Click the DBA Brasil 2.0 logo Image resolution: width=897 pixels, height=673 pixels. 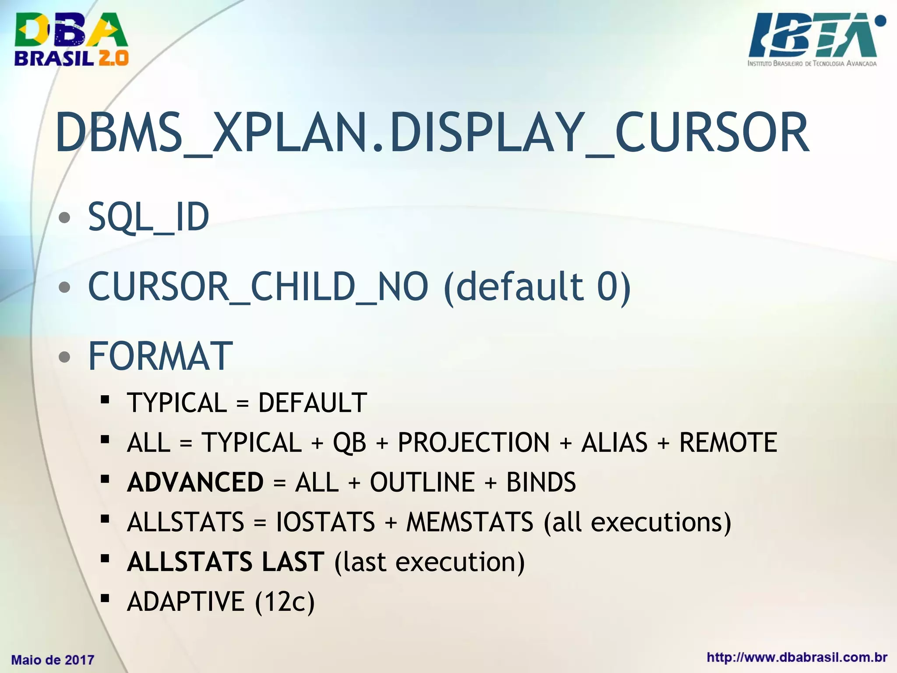click(71, 39)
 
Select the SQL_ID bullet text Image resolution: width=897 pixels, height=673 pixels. click(148, 217)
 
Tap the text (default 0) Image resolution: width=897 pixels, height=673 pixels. click(537, 287)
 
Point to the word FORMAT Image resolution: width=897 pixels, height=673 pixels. click(160, 356)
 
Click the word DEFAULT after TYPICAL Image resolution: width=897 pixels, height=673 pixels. click(312, 403)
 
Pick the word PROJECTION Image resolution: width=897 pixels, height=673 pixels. click(473, 442)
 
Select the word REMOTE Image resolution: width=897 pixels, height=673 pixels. click(728, 442)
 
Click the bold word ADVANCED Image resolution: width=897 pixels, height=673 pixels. click(195, 482)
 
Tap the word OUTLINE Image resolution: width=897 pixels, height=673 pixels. click(422, 482)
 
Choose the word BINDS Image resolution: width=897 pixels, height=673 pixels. click(541, 482)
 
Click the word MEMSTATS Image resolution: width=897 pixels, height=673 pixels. click(470, 522)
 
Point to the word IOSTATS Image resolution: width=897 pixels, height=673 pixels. click(325, 522)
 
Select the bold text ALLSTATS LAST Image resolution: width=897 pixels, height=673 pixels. click(226, 562)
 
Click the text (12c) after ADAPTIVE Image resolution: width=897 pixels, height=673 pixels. click(285, 602)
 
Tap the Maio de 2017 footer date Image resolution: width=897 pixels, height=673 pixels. click(53, 660)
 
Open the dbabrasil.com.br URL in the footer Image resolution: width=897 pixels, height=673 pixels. click(797, 657)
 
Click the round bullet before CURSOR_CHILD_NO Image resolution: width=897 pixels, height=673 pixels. click(64, 287)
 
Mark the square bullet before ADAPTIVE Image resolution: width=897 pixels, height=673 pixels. click(105, 598)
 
